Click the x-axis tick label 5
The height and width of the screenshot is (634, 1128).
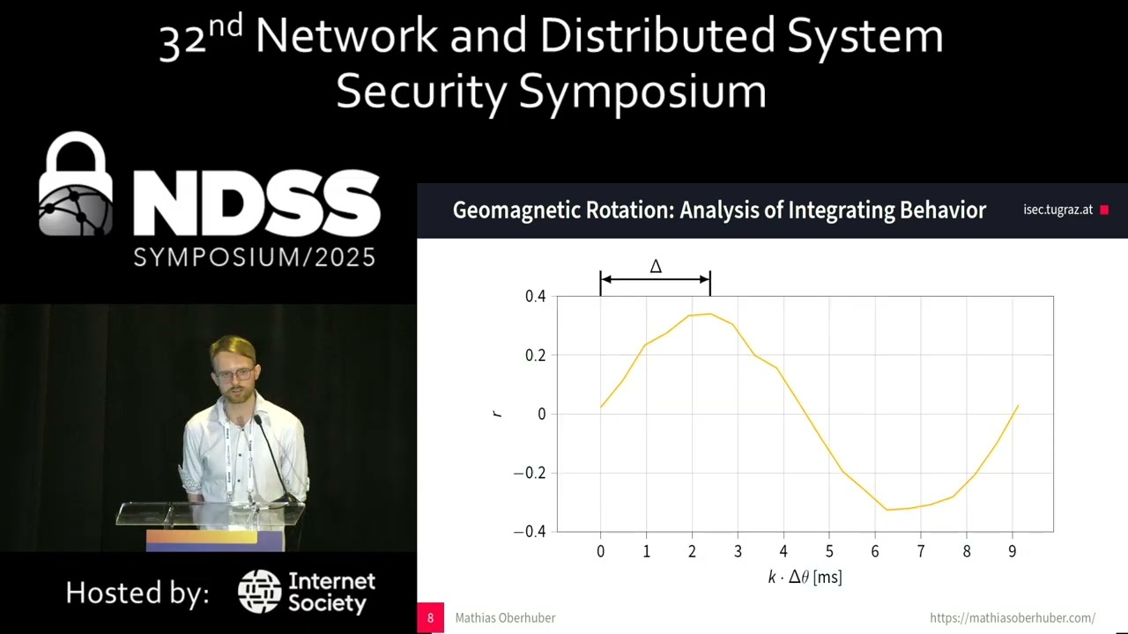point(829,551)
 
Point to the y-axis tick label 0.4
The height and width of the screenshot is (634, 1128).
point(535,297)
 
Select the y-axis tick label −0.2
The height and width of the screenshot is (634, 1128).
point(530,473)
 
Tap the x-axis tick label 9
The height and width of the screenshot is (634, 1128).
point(1012,551)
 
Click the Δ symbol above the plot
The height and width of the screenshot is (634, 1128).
point(656,267)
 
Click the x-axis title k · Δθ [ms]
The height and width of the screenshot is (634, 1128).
point(805,578)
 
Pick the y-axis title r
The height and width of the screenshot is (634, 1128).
point(497,413)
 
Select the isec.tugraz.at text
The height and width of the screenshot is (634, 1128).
point(1057,210)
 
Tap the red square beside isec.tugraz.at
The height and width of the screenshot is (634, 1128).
point(1104,210)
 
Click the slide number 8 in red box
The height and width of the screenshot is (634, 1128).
point(430,618)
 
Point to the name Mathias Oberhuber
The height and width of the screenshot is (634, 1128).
point(505,618)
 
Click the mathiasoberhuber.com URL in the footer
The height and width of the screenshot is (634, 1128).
point(1013,618)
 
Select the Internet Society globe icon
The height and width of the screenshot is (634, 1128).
point(259,592)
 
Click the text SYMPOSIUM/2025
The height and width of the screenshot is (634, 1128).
point(255,257)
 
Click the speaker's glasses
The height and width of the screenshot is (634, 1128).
point(233,375)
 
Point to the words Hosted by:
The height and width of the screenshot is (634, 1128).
point(137,593)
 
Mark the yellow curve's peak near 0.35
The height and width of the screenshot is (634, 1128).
point(709,313)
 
